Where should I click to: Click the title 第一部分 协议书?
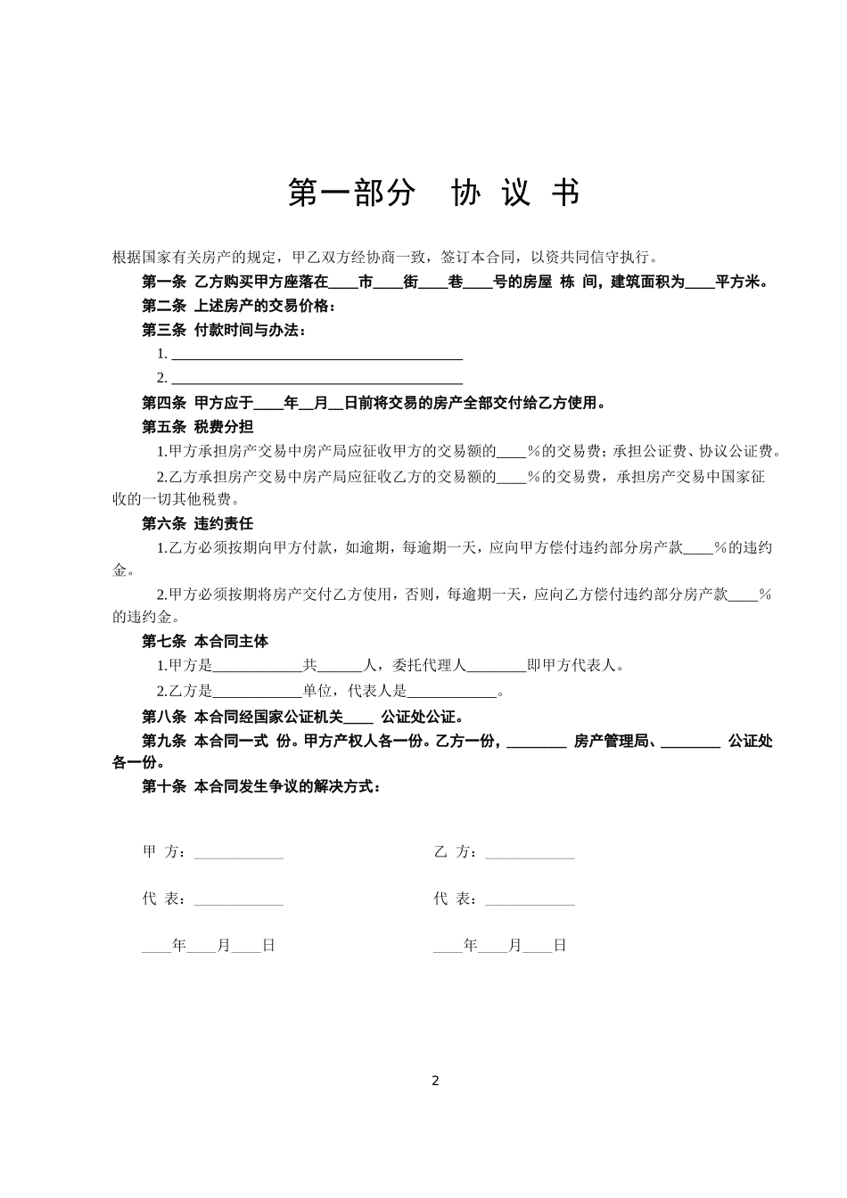(434, 193)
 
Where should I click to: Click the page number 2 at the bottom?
(435, 1081)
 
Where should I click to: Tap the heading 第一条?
(164, 283)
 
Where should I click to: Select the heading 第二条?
(164, 307)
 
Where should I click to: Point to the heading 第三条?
(164, 331)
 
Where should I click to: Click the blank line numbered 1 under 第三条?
(317, 355)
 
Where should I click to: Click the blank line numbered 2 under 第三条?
(317, 379)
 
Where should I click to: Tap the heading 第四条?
(164, 403)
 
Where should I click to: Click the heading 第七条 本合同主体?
(205, 641)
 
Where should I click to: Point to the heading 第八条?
(164, 717)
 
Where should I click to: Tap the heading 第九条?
(164, 741)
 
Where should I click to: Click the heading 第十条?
(164, 787)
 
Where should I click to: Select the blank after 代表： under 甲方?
(238, 900)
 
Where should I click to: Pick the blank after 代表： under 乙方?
(530, 900)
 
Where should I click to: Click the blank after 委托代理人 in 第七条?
(496, 666)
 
